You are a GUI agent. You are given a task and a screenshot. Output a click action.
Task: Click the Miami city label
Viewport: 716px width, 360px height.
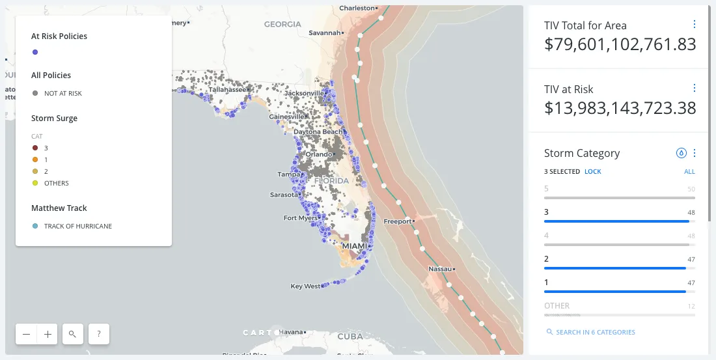click(354, 246)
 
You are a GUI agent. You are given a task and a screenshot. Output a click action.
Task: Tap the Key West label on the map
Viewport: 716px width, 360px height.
click(305, 286)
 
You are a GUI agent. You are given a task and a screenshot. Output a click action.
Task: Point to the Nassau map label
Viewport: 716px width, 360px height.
click(440, 269)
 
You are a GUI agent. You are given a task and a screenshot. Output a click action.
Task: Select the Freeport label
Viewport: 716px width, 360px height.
click(398, 221)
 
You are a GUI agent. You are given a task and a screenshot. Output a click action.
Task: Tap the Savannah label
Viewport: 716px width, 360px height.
click(325, 33)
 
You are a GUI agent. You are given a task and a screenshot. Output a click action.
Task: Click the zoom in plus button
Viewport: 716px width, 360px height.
click(48, 334)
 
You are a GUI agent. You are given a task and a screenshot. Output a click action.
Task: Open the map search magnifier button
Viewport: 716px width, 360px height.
click(72, 334)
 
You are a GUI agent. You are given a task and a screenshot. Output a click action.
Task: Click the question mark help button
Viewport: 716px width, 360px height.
click(98, 334)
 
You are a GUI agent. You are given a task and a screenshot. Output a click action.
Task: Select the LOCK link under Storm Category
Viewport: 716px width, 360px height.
click(592, 172)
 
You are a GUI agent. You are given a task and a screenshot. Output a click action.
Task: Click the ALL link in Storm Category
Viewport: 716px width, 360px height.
click(689, 172)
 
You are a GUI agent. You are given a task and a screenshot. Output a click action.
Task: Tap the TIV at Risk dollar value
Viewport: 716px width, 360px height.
click(620, 108)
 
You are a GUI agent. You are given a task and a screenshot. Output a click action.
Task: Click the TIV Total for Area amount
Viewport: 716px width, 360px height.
click(620, 44)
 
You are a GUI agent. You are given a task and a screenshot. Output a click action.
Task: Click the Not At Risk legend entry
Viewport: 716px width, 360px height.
click(62, 93)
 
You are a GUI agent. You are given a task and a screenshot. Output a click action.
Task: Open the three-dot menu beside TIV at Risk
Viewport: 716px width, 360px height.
click(694, 88)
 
